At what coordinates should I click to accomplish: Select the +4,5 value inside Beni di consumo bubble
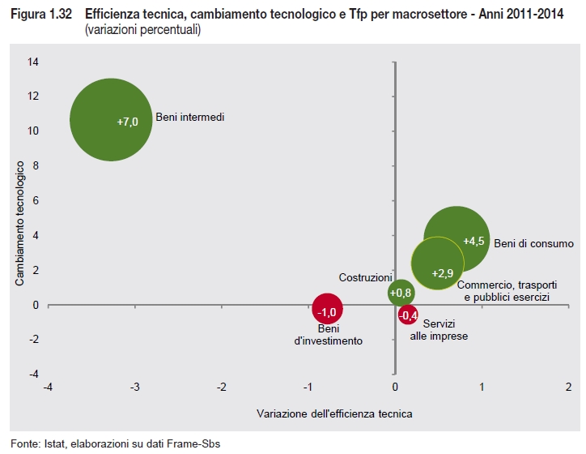point(473,241)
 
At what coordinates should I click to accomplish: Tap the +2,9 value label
point(443,273)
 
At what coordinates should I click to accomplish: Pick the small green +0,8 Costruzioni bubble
point(401,293)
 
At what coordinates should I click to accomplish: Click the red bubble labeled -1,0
point(327,310)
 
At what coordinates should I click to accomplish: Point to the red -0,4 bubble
point(409,315)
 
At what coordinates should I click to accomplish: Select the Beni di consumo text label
point(533,243)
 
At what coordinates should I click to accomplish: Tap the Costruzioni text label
point(365,277)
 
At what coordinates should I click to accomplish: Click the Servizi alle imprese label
point(439,329)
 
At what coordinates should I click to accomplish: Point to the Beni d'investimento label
point(328,335)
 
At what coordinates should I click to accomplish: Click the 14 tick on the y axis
point(33,62)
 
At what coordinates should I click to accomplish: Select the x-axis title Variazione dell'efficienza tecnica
point(334,413)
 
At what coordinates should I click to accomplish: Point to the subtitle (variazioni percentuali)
point(142,29)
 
